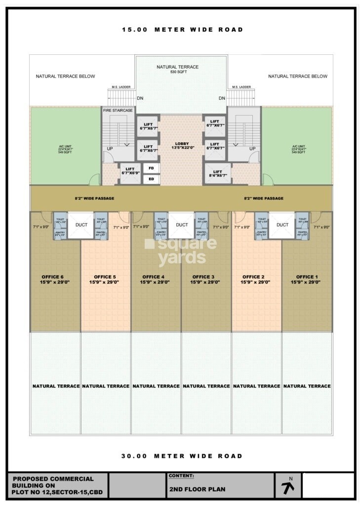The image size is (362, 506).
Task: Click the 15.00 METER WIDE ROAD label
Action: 183,30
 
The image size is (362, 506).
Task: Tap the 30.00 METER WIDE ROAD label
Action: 182,456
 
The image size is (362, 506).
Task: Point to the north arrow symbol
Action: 288,486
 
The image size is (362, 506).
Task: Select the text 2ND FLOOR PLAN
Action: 197,489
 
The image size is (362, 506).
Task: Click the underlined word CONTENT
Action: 181,476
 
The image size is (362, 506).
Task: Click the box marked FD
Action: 151,169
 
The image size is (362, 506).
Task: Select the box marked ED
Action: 151,179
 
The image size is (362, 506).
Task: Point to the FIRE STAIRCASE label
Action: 118,110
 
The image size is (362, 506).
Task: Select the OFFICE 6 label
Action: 55,279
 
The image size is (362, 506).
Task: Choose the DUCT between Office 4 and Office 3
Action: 182,225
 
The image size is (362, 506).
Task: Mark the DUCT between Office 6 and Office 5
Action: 81,225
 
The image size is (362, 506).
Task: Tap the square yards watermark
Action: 181,251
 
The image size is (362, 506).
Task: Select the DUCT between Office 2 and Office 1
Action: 282,225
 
